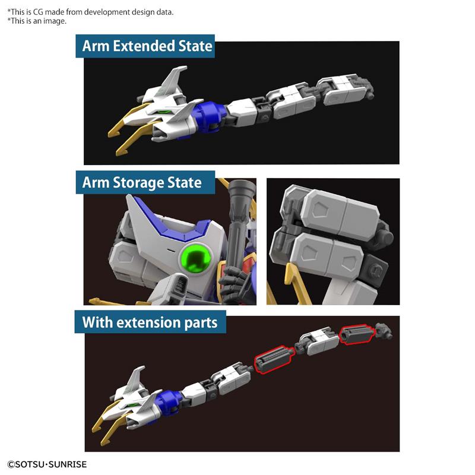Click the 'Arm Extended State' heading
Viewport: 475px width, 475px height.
point(147,46)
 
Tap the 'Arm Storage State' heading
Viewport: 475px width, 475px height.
point(142,183)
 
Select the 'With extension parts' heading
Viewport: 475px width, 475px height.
point(154,323)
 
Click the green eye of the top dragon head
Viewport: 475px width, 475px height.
point(167,110)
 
